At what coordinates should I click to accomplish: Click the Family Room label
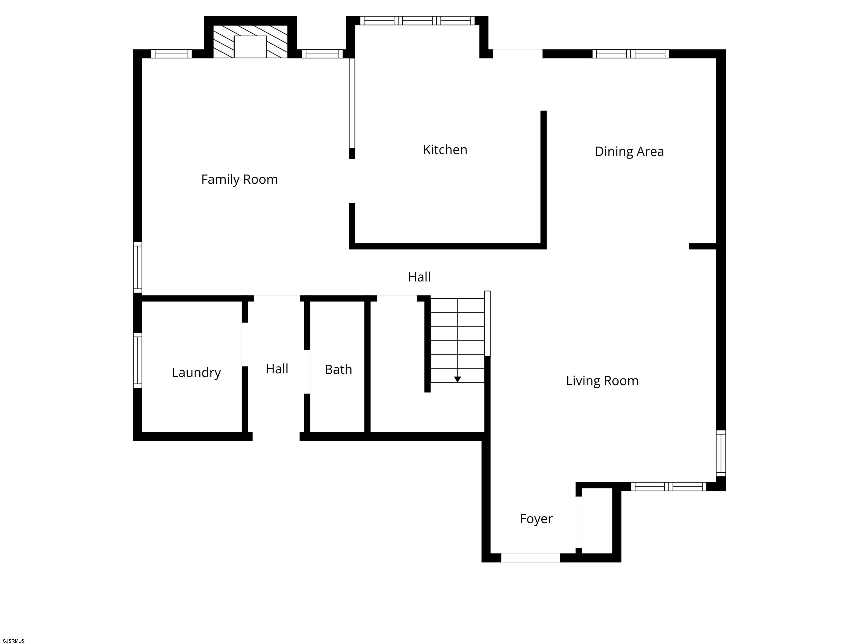239,180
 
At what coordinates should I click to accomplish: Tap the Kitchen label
445,150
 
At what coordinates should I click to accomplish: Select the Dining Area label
629,152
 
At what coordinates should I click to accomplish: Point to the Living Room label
602,381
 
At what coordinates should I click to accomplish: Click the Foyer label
536,518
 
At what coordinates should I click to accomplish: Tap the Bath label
338,370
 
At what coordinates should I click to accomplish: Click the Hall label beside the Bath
277,369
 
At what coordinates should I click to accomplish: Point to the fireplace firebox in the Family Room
250,47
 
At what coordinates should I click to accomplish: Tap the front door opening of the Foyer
530,558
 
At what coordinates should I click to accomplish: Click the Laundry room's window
138,360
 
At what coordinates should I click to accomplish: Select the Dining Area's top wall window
631,54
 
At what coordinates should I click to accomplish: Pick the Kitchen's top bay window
417,21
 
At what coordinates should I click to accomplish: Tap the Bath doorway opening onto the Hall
307,371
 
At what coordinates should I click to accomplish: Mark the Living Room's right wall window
721,453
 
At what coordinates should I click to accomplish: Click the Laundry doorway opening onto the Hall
245,344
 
